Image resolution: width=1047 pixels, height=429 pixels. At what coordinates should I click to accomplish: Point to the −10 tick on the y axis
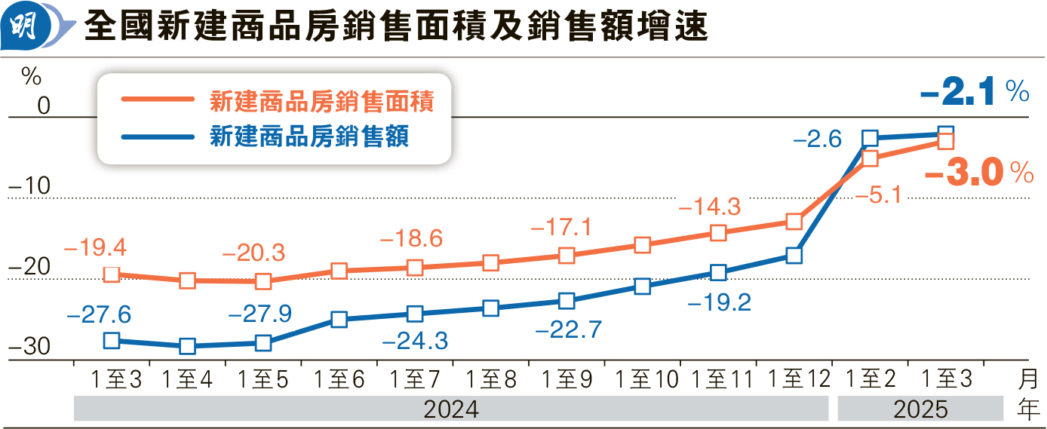pyautogui.click(x=31, y=186)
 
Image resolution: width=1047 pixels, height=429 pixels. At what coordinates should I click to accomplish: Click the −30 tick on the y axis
pyautogui.click(x=31, y=348)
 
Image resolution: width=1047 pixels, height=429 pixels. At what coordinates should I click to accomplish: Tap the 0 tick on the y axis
pyautogui.click(x=43, y=106)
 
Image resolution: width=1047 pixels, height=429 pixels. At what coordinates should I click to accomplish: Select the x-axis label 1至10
pyautogui.click(x=642, y=379)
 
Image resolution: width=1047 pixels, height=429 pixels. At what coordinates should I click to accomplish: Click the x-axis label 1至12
pyautogui.click(x=794, y=379)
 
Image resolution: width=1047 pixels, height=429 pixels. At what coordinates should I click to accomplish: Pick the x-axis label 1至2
pyautogui.click(x=869, y=379)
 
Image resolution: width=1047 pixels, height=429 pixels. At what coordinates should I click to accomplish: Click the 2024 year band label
pyautogui.click(x=451, y=409)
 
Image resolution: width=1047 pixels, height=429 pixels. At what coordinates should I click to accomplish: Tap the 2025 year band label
pyautogui.click(x=920, y=409)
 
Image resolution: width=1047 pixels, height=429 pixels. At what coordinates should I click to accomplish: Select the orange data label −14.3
pyautogui.click(x=710, y=206)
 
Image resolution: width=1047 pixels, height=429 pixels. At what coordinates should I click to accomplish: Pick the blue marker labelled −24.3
pyautogui.click(x=414, y=314)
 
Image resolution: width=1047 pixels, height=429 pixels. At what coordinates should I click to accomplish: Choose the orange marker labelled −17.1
pyautogui.click(x=566, y=255)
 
